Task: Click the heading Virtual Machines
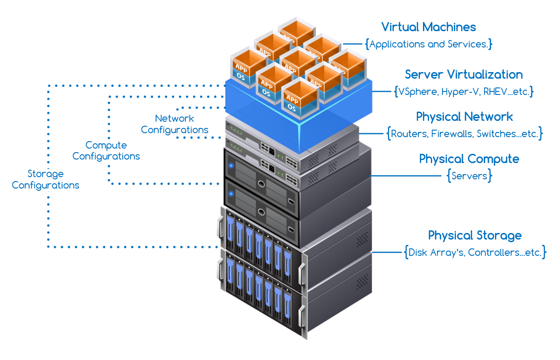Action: point(428,27)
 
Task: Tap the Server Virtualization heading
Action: point(463,74)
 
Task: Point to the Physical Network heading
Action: point(464,117)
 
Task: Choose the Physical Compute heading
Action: point(469,159)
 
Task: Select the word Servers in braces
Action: point(470,176)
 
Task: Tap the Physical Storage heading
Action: point(475,235)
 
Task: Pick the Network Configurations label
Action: point(174,124)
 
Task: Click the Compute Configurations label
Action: point(106,151)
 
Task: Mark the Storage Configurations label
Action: point(46,179)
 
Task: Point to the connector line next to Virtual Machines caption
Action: point(352,44)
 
